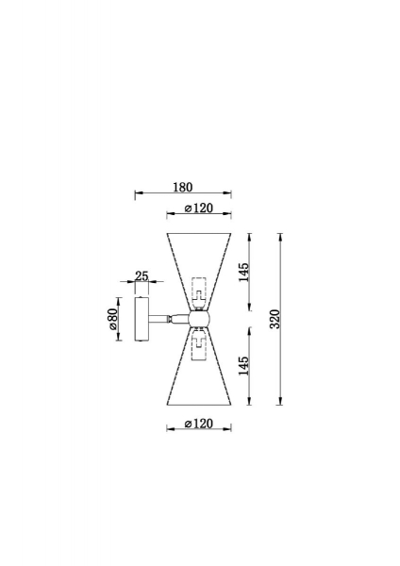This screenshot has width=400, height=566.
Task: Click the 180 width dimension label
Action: click(x=183, y=188)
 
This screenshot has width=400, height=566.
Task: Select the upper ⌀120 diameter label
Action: click(x=198, y=208)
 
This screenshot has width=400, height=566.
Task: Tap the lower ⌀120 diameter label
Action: click(x=198, y=424)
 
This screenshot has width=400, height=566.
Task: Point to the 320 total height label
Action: click(x=275, y=319)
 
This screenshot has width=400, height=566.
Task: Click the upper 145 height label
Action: click(x=244, y=272)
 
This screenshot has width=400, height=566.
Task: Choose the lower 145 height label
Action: click(x=244, y=366)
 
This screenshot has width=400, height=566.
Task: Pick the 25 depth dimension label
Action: click(x=142, y=276)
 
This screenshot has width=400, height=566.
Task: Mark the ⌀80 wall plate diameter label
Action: click(x=112, y=319)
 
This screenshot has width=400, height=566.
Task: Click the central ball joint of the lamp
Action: click(x=198, y=319)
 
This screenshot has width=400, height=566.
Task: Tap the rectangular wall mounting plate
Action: click(x=142, y=319)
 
